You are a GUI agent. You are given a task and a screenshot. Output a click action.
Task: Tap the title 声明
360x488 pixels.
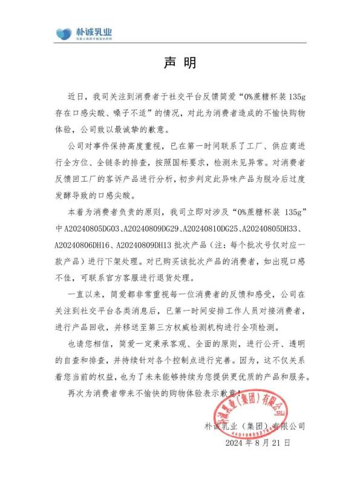(180, 62)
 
